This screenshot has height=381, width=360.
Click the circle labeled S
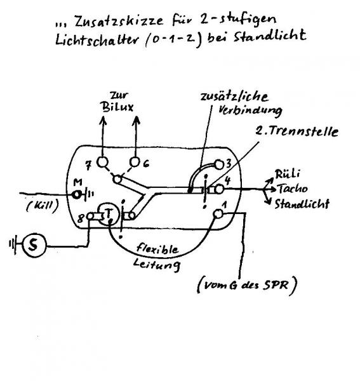point(34,245)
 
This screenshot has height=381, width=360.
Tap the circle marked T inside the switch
point(109,214)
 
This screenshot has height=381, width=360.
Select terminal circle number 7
point(102,162)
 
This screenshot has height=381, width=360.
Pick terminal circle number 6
point(135,163)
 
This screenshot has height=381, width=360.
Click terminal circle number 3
point(218,164)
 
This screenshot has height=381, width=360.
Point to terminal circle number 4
point(219,189)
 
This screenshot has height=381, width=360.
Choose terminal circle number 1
point(218,214)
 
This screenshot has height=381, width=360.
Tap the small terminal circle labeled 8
point(90,216)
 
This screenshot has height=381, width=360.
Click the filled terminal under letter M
point(77,194)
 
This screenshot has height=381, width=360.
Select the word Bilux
point(118,107)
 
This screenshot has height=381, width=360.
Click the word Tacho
point(293,189)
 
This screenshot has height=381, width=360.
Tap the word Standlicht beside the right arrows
point(302,204)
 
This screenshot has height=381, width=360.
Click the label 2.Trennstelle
point(297,131)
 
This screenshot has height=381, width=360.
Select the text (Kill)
point(43,206)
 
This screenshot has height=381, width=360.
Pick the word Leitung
point(157,264)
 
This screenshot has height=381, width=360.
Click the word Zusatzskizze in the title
point(119,21)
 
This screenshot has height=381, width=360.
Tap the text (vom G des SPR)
point(247,285)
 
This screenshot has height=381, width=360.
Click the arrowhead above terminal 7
point(103,120)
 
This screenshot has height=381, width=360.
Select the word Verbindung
point(250,111)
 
